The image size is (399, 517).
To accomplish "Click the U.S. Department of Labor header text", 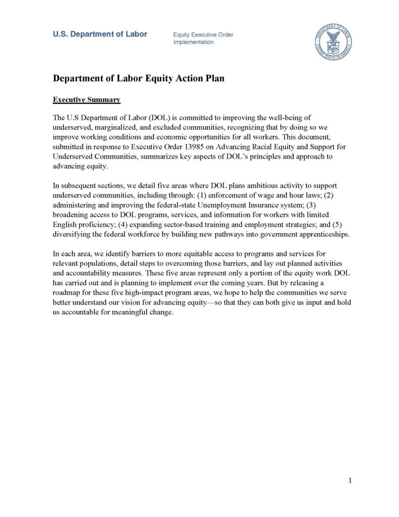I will [100, 34].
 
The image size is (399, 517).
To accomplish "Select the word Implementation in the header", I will [193, 42].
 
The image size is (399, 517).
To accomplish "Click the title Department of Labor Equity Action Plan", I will [139, 78].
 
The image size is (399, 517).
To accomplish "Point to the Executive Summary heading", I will [86, 99].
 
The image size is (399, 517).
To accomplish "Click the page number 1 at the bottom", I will [350, 481].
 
